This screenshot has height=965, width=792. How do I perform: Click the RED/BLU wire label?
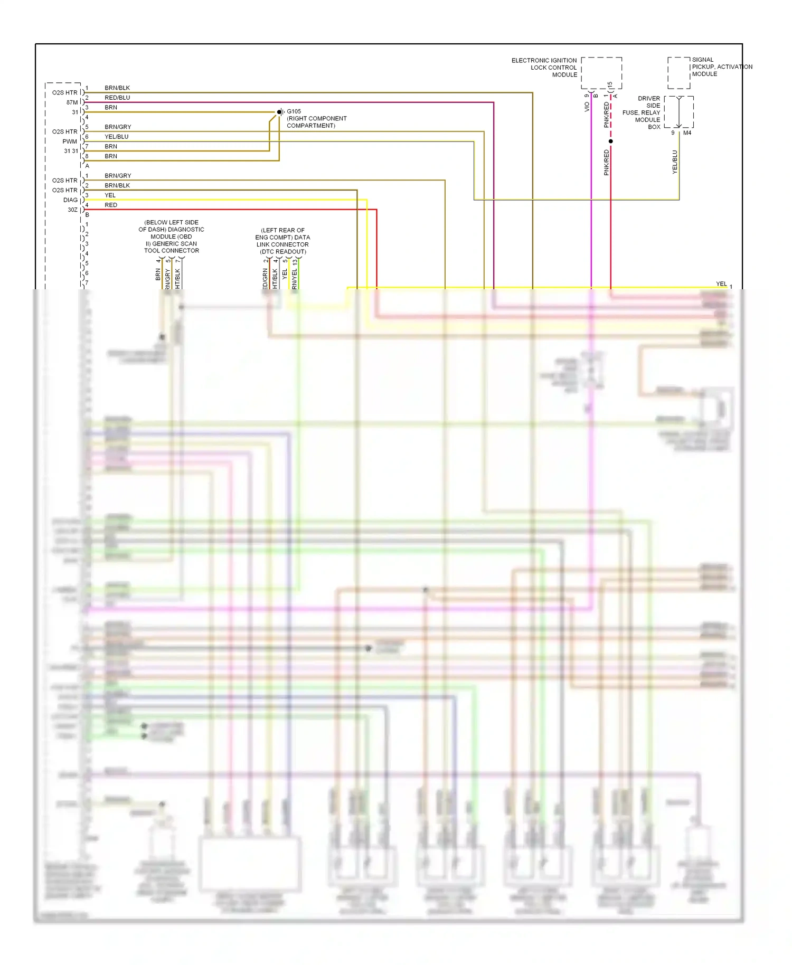click(x=117, y=98)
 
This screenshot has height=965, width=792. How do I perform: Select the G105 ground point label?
click(x=294, y=111)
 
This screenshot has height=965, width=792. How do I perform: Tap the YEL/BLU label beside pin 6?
click(x=116, y=137)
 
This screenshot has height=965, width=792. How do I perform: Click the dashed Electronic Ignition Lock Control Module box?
click(x=601, y=73)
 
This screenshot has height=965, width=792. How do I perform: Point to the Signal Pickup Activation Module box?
click(x=678, y=73)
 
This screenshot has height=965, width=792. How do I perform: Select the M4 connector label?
click(x=687, y=133)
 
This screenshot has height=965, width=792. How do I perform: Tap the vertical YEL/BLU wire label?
click(x=675, y=162)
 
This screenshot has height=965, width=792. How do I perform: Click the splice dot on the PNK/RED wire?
click(x=611, y=141)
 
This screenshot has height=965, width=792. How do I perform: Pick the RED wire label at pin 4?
click(x=111, y=205)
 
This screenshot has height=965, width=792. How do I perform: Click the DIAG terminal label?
click(x=70, y=200)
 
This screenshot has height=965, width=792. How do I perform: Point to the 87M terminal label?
click(x=72, y=102)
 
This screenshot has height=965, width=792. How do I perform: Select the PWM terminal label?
click(x=70, y=141)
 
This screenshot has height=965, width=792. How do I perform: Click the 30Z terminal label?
click(x=72, y=210)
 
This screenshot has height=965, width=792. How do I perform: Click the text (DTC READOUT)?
click(x=283, y=252)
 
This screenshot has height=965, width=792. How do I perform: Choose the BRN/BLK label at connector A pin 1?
click(x=117, y=88)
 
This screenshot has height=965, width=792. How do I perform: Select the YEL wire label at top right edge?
click(x=721, y=284)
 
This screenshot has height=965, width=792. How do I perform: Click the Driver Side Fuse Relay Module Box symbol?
click(x=678, y=112)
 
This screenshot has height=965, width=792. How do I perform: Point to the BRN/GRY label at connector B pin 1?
click(x=118, y=176)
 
